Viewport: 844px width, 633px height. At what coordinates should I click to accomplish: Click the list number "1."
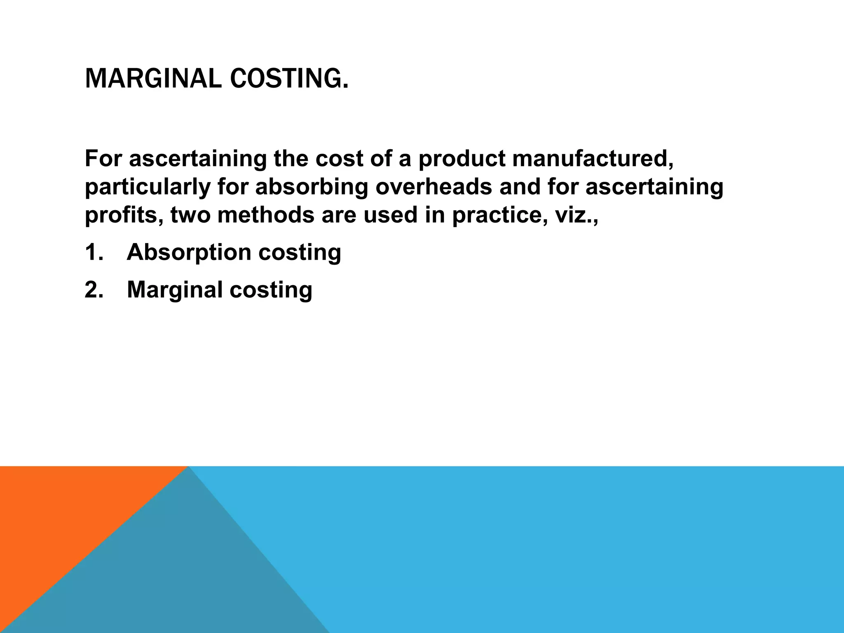pyautogui.click(x=94, y=252)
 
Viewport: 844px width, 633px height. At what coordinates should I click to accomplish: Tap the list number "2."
pyautogui.click(x=94, y=289)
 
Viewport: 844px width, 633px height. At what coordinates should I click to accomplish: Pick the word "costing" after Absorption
pyautogui.click(x=300, y=252)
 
